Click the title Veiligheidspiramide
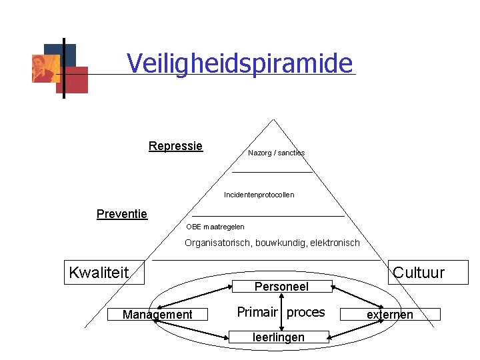coord(239,64)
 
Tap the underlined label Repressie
coord(175,146)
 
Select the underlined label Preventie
coord(122,214)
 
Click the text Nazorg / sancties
coord(276,153)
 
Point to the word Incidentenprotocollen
coord(259,195)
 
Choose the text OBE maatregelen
coord(211,227)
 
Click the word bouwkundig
coord(285,243)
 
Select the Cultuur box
coord(428,272)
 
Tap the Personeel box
coord(281,287)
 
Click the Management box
coord(157,315)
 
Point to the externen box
coord(390,315)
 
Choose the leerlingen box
coord(279,337)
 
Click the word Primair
coord(257,313)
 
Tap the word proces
coord(306,313)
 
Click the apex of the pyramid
coord(272,120)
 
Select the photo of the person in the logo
coord(45,68)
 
